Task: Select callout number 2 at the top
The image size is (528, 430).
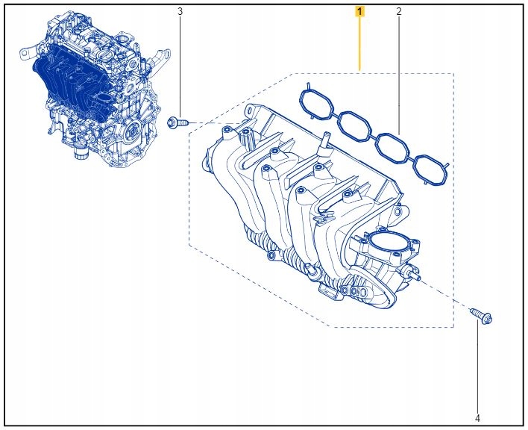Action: point(398,12)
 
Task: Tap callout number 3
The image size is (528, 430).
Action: point(179,12)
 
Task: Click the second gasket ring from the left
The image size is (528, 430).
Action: point(353,125)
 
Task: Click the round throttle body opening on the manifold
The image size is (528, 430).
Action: point(391,244)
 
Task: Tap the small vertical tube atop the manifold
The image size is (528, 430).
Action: point(324,141)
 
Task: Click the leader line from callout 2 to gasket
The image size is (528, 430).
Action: point(398,75)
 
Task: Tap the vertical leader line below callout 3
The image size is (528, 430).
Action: point(179,67)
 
